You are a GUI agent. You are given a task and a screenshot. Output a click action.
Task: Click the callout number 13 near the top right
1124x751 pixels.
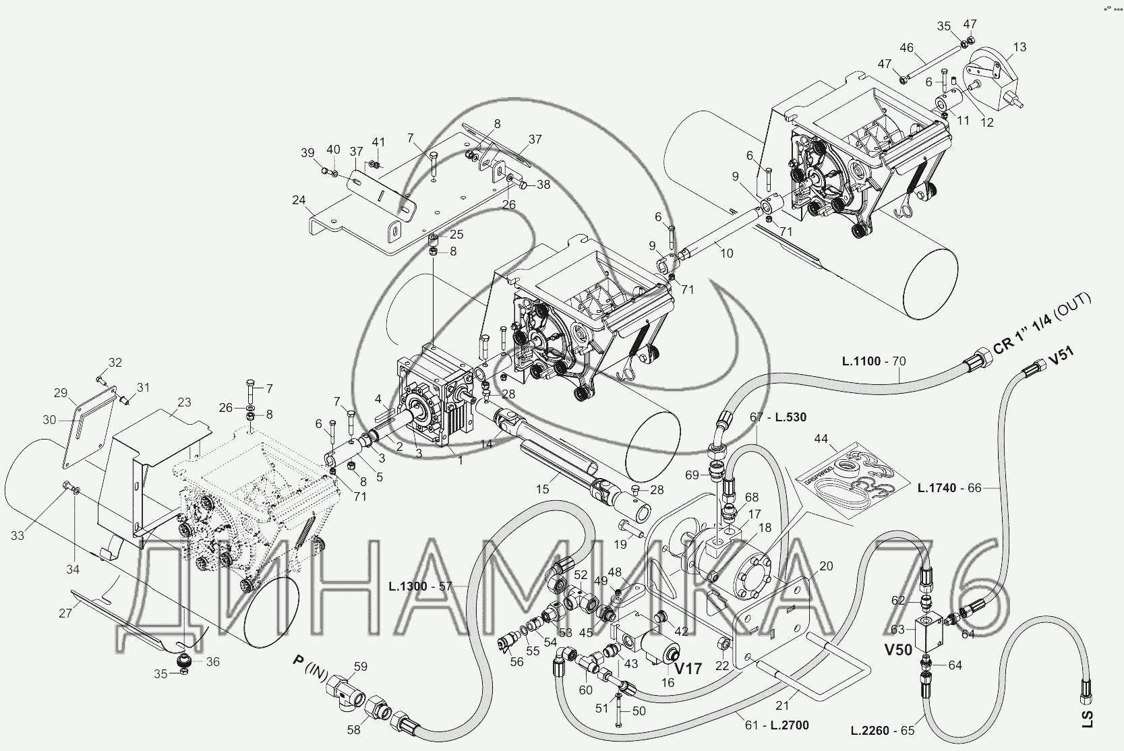tap(1019, 47)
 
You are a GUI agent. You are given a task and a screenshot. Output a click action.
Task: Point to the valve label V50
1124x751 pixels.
tap(897, 650)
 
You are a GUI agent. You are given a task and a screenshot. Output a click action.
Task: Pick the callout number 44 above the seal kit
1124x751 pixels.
tap(821, 439)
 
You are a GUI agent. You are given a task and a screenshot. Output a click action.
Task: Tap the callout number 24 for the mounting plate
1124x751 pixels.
tap(299, 200)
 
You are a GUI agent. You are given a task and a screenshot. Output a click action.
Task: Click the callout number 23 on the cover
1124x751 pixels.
tap(184, 402)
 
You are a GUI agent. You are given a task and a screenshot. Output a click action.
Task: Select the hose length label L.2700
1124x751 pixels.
tap(790, 725)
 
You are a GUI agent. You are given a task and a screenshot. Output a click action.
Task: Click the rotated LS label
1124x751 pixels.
tap(1087, 719)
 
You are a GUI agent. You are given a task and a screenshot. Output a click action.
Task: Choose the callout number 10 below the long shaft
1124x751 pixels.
tap(727, 253)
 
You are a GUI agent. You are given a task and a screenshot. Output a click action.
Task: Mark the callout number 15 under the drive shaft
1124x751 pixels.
tap(542, 489)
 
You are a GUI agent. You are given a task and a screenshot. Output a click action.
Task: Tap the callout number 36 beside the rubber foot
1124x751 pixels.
tap(213, 662)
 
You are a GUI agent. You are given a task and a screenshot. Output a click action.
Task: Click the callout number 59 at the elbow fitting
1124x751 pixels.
tap(361, 667)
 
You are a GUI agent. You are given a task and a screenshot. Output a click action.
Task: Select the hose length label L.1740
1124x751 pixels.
tap(937, 487)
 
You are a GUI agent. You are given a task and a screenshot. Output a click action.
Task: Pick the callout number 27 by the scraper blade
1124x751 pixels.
tap(65, 613)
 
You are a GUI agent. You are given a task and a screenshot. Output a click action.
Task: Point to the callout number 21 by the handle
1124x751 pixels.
tap(782, 705)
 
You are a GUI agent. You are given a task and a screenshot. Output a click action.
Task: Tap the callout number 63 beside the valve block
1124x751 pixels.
tap(897, 628)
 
